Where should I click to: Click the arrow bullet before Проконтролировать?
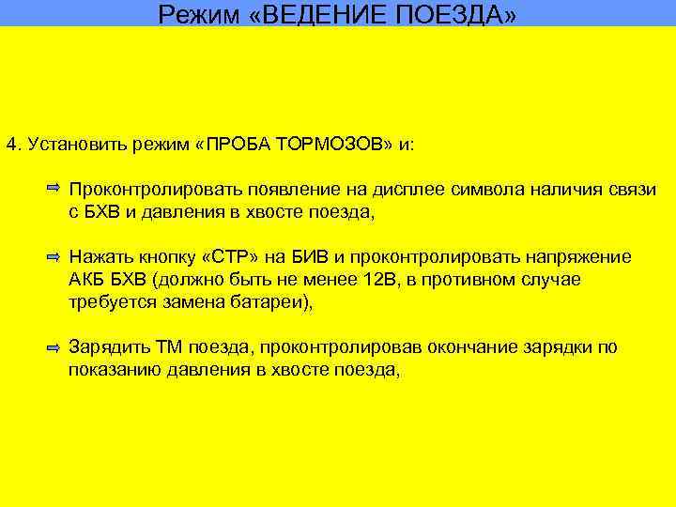point(54,190)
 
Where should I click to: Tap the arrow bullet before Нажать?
point(54,256)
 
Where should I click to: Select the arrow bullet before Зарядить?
point(54,347)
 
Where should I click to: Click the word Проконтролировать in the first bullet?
point(142,191)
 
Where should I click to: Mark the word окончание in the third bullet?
point(467,348)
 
